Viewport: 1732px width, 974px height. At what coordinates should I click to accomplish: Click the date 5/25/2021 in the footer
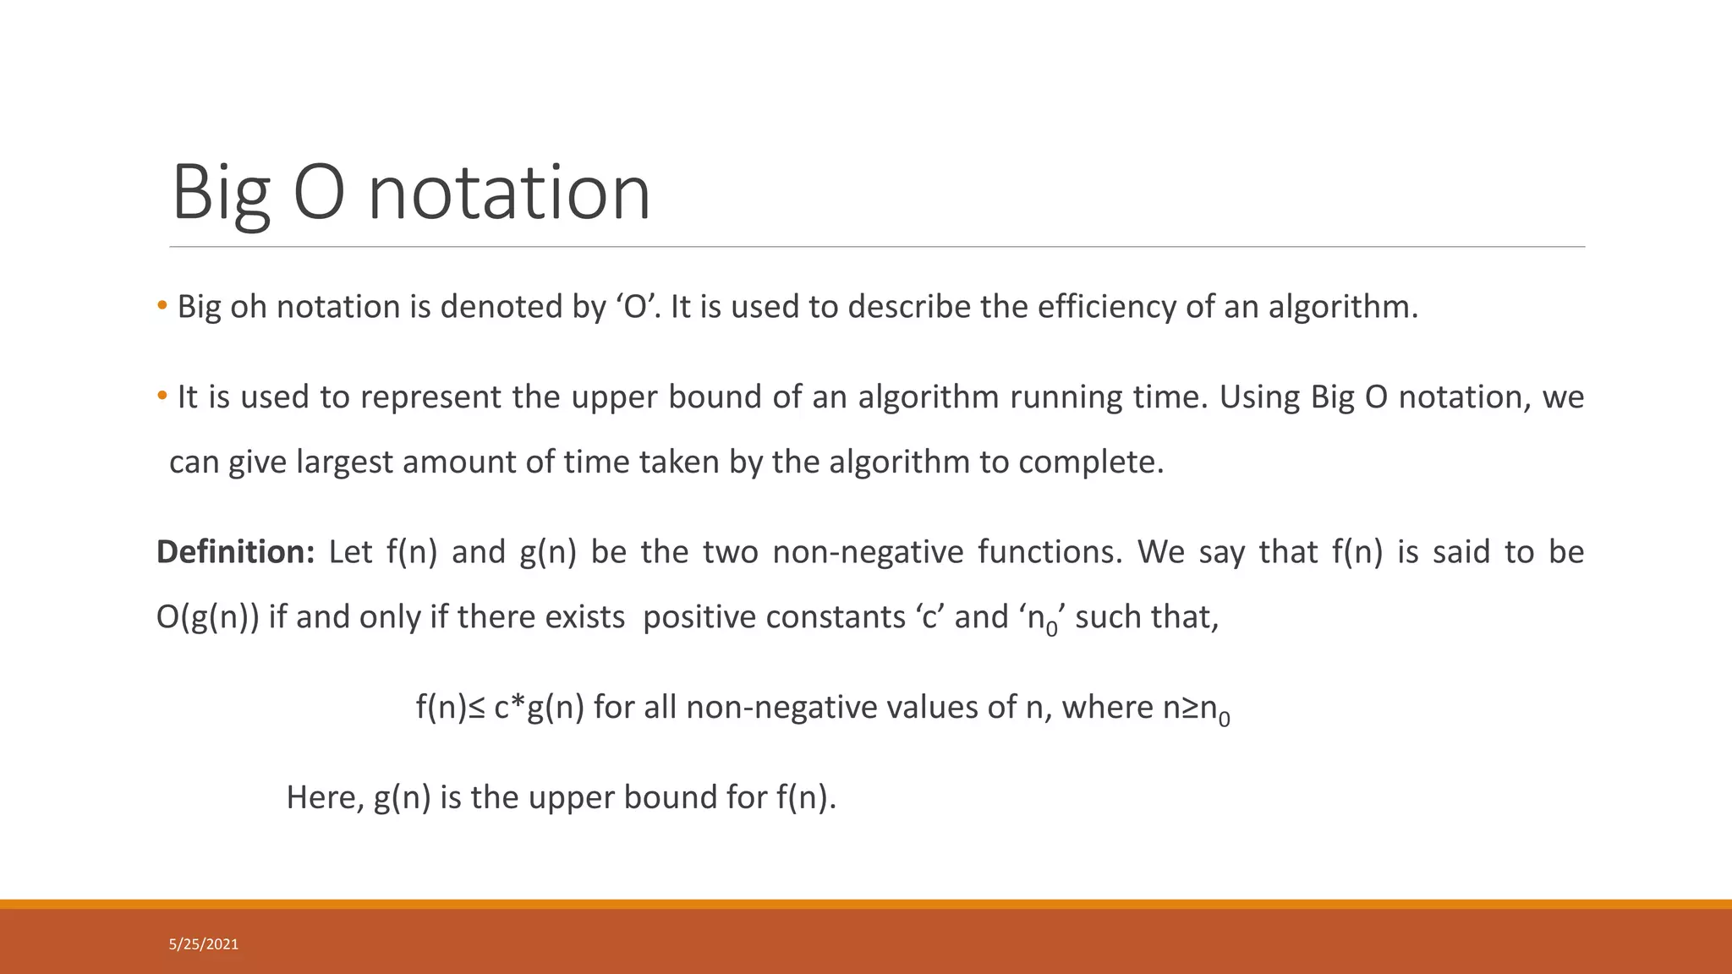204,944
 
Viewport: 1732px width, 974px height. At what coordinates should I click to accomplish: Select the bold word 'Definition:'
236,552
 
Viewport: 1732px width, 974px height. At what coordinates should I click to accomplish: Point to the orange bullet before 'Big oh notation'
162,306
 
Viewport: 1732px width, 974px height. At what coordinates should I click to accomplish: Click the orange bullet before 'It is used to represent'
162,397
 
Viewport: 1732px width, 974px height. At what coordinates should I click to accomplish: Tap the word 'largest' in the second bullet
344,462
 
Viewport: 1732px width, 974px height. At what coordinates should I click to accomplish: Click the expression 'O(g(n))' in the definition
208,617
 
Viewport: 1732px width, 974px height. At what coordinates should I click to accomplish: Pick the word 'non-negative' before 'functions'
868,552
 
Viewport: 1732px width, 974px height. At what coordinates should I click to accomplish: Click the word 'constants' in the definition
835,617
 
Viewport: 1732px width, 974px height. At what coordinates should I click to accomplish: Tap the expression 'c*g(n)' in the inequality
539,708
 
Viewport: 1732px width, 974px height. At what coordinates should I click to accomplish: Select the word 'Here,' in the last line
325,797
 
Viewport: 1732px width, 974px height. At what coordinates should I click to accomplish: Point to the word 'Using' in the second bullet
1259,397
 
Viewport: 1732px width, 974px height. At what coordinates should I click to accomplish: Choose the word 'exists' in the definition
584,617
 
